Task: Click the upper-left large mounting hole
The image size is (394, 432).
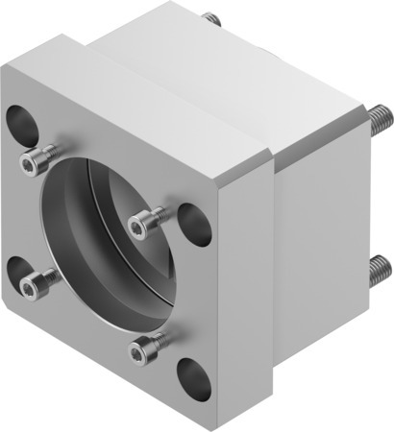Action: pos(19,122)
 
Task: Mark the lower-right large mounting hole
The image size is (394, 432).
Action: pos(191,372)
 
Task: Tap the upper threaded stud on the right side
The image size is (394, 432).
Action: pos(381,119)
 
